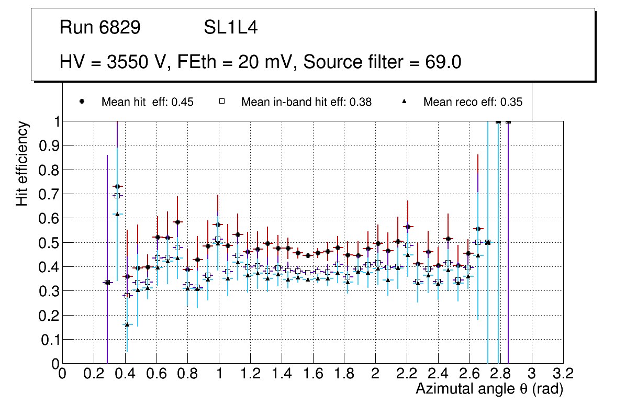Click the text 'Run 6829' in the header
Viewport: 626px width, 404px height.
coord(100,28)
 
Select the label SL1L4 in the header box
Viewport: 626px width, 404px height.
coord(230,28)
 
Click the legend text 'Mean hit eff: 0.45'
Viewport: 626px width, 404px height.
coord(147,102)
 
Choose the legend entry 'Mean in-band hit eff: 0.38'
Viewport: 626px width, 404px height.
coord(306,102)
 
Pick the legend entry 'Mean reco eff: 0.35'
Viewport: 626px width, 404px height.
coord(473,102)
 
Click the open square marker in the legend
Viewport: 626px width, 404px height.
coord(222,102)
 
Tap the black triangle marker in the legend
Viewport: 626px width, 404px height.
coord(404,102)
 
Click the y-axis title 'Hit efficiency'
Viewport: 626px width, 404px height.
coord(22,163)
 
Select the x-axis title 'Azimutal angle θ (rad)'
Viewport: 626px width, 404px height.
coord(489,389)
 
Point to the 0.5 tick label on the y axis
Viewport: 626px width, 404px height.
coord(47,243)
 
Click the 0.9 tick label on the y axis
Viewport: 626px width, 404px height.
coord(47,145)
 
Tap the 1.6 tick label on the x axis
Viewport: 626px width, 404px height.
coord(312,374)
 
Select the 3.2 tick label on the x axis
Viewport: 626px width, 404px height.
coord(563,374)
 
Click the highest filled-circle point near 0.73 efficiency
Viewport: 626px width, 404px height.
coord(117,186)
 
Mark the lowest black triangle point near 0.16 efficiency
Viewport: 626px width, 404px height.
coord(127,324)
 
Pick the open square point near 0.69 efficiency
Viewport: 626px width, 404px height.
coord(117,196)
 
